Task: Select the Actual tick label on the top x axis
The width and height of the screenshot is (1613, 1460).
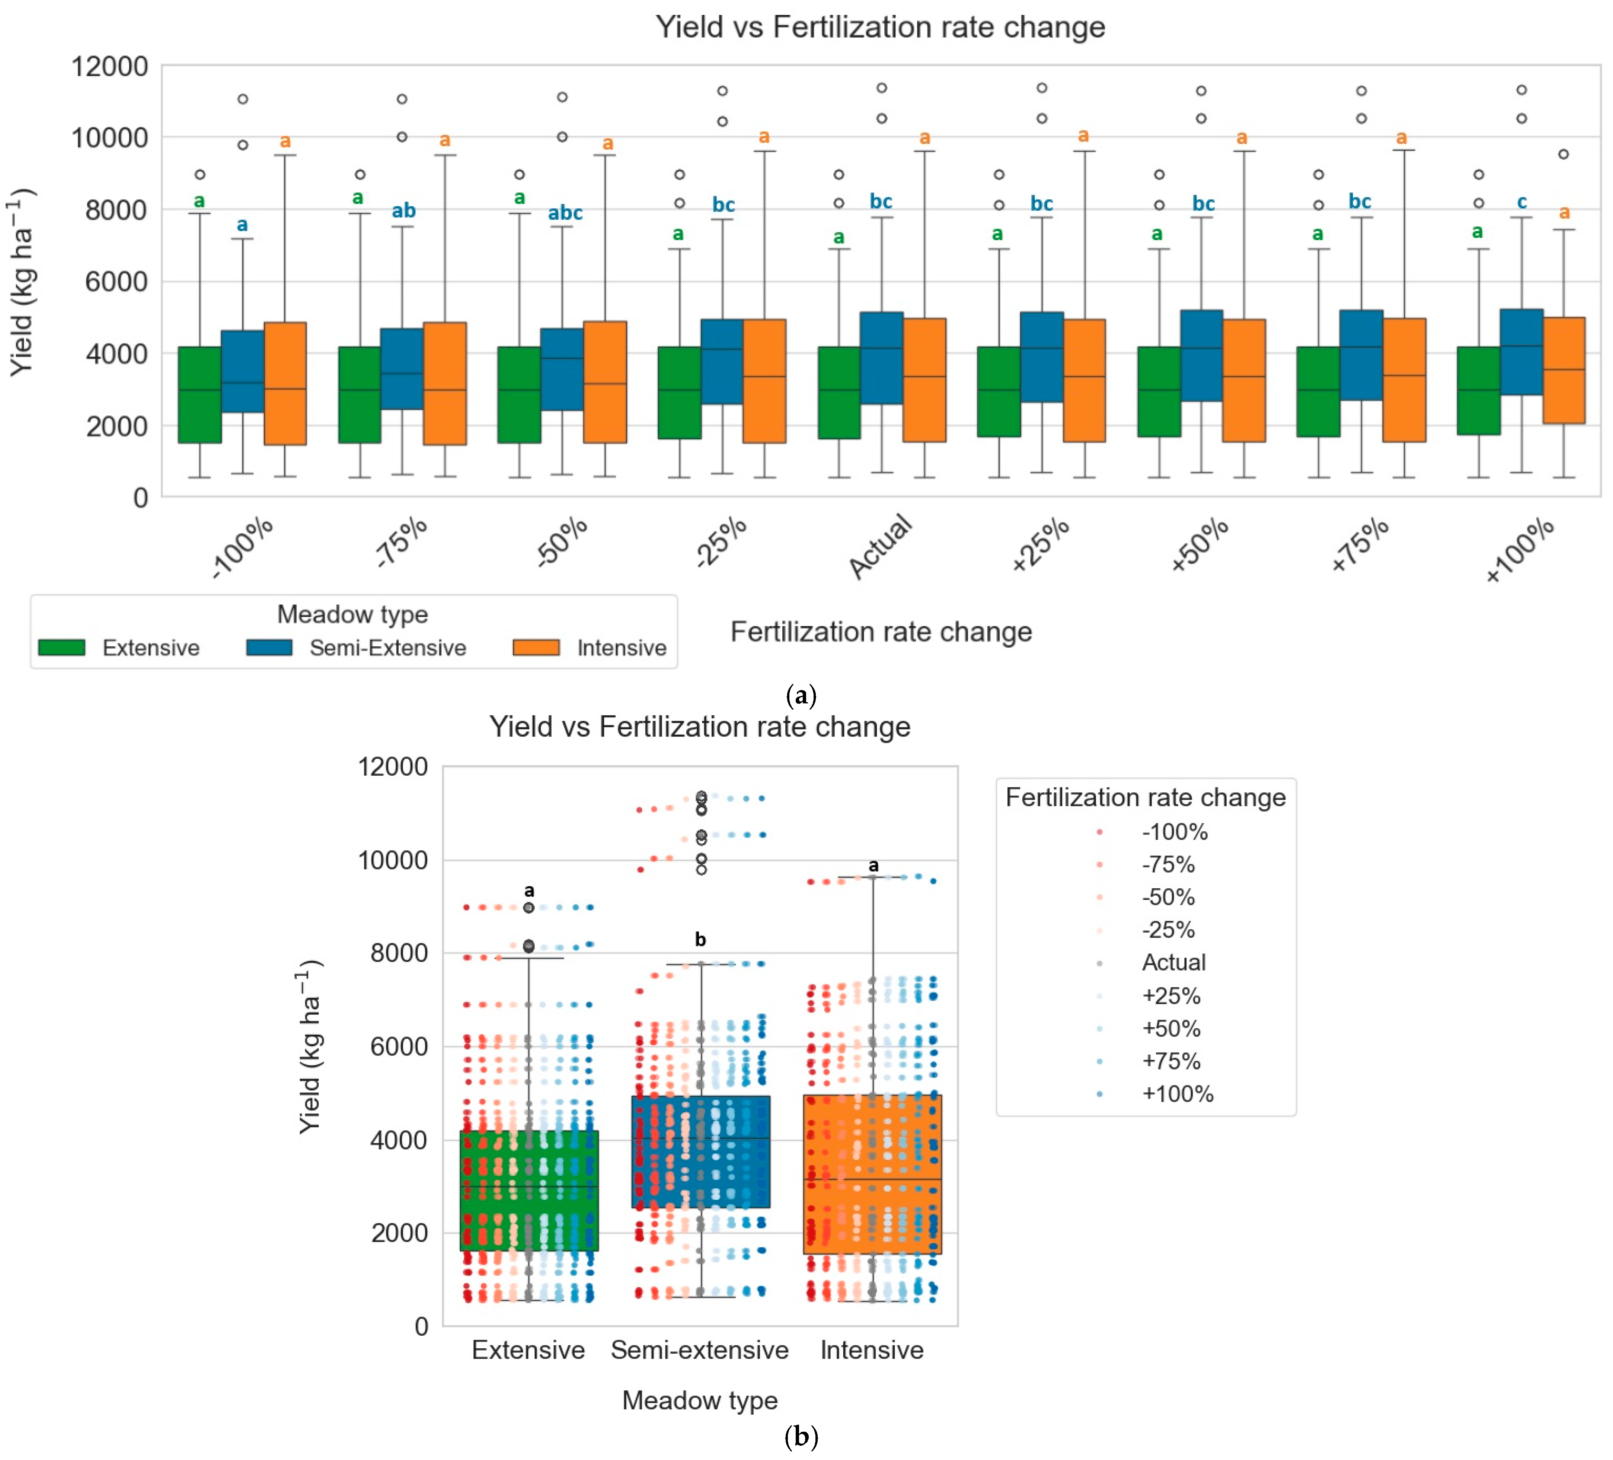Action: click(x=880, y=546)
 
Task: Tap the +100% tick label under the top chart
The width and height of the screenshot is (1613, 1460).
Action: click(x=1519, y=550)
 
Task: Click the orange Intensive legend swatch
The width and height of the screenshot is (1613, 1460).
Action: click(x=536, y=647)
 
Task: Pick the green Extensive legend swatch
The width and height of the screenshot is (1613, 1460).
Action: click(x=62, y=647)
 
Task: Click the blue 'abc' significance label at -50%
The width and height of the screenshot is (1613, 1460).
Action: click(x=565, y=213)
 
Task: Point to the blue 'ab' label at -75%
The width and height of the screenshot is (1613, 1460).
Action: click(x=403, y=210)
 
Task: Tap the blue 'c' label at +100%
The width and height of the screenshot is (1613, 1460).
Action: click(x=1522, y=202)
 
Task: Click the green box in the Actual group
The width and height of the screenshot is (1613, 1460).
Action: click(x=839, y=392)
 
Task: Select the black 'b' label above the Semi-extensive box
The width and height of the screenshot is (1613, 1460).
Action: click(x=700, y=939)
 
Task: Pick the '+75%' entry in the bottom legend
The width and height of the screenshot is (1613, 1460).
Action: click(x=1170, y=1061)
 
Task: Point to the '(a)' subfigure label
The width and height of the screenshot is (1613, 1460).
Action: click(x=801, y=694)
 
